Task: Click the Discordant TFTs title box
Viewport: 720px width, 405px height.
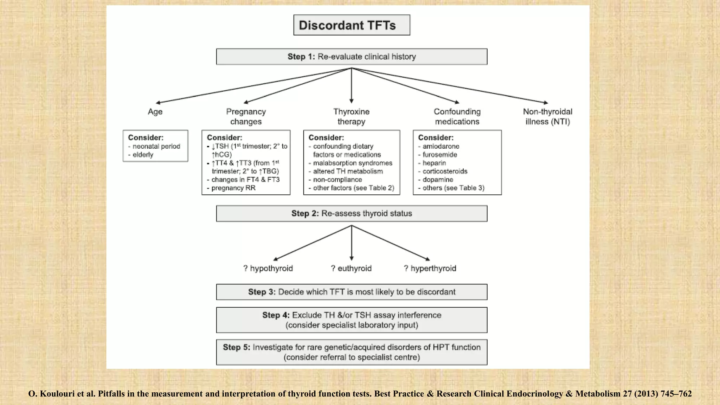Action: tap(352, 25)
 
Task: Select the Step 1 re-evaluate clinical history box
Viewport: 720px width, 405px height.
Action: tap(352, 57)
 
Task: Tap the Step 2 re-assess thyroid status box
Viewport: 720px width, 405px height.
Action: tap(352, 213)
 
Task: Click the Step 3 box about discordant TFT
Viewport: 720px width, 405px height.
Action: tap(352, 292)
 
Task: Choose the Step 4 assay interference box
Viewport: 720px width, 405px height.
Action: tap(352, 320)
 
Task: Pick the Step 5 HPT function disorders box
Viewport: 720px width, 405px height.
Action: tap(352, 352)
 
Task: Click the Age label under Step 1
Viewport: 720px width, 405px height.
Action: tap(155, 112)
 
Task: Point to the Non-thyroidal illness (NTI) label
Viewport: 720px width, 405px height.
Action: tap(547, 116)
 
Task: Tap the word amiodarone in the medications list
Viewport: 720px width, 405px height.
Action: tap(441, 146)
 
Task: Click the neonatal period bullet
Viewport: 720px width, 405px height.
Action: tap(156, 146)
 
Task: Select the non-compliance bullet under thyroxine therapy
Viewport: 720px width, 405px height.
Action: tap(337, 180)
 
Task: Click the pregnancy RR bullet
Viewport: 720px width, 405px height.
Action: tap(233, 188)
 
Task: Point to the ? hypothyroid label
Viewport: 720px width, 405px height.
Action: tap(268, 269)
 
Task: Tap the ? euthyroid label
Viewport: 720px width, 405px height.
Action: tap(351, 269)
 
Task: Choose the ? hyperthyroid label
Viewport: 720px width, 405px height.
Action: tap(430, 269)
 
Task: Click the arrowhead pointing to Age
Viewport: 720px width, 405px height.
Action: tap(158, 103)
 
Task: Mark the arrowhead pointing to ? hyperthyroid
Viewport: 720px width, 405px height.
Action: tap(427, 259)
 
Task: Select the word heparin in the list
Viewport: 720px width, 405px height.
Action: tap(434, 163)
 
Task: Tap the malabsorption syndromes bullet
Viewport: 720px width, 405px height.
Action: tap(352, 163)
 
